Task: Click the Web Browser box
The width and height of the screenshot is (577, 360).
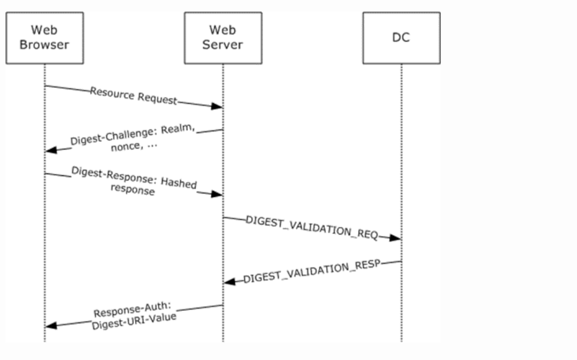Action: coord(44,38)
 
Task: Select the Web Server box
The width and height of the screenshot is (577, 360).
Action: coord(223,38)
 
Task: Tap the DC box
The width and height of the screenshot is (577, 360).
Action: coord(401,38)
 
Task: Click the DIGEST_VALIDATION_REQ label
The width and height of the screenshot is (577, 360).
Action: coord(312,227)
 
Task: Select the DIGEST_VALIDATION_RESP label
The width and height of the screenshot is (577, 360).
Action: coord(312,272)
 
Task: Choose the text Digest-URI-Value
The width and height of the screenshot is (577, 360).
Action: coord(134,321)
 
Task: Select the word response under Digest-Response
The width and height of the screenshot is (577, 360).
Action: coord(132,191)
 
